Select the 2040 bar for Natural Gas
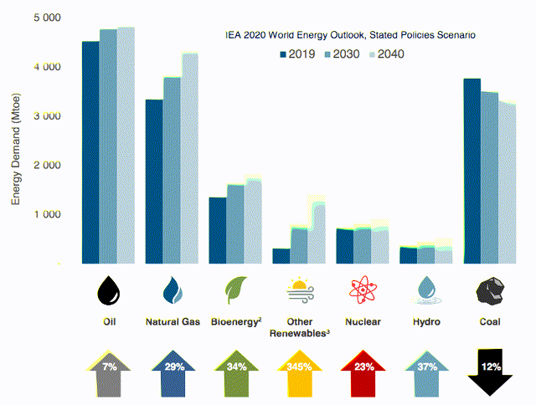point(190,159)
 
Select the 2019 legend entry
point(298,54)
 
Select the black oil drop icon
point(109,290)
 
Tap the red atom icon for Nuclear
point(362,290)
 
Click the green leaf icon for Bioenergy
point(235,290)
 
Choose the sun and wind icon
point(300,292)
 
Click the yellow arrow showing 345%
point(300,372)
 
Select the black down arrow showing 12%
point(490,372)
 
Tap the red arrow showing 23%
point(362,372)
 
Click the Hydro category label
point(426,321)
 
